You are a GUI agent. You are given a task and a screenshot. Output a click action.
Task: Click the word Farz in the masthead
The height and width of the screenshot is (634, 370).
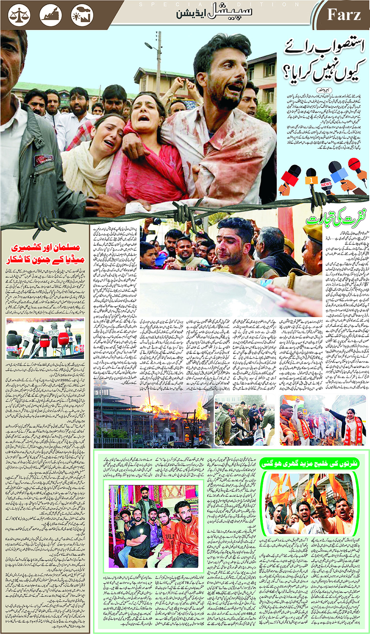tap(344, 15)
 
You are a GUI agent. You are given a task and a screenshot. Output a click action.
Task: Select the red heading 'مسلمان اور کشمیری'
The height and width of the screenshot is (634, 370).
tap(45, 248)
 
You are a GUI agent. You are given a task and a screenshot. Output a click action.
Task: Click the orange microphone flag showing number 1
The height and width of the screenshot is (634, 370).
tap(311, 180)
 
